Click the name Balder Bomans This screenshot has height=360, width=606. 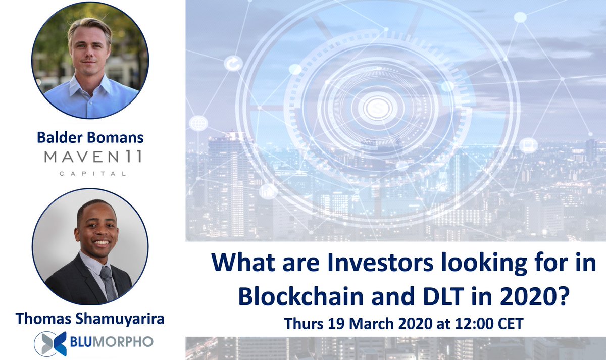pyautogui.click(x=90, y=137)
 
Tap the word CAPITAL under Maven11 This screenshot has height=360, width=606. pyautogui.click(x=92, y=174)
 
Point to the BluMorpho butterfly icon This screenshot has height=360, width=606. pyautogui.click(x=49, y=342)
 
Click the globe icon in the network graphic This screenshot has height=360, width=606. pyautogui.click(x=198, y=123)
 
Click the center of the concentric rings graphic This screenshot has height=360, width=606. pyautogui.click(x=376, y=107)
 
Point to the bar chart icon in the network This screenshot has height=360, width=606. pyautogui.click(x=269, y=191)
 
